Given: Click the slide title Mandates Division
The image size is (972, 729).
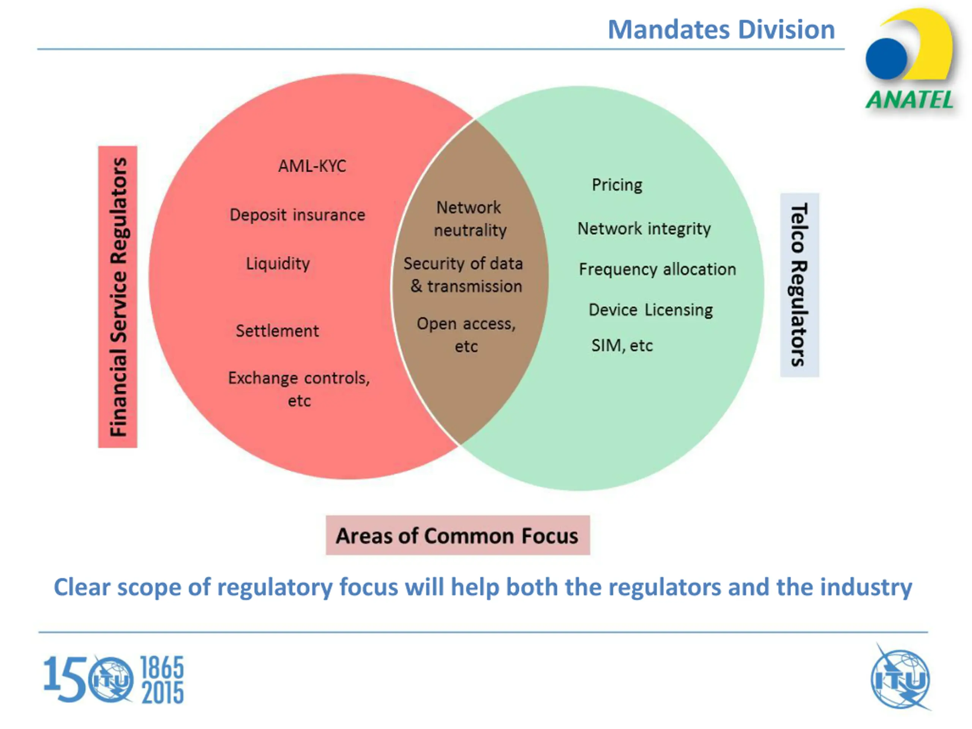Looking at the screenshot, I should click(x=721, y=30).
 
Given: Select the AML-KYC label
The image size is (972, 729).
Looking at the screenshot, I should click(x=312, y=166).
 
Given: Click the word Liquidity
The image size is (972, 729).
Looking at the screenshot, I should click(x=278, y=264).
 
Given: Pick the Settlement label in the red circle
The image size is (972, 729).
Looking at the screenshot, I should click(x=277, y=331).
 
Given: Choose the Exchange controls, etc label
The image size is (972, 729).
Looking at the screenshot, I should click(x=299, y=389).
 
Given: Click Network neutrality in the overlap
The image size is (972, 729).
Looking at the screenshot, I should click(x=470, y=219).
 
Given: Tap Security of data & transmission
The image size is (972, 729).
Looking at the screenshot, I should click(x=464, y=275).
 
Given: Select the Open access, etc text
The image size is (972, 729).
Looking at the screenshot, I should click(x=466, y=335).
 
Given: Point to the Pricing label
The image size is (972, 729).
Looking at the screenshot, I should click(x=617, y=185).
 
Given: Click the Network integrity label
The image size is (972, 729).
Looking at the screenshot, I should click(x=644, y=229).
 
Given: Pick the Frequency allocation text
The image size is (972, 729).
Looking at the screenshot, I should click(x=657, y=269).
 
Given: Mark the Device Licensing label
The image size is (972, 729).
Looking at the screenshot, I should click(x=650, y=310).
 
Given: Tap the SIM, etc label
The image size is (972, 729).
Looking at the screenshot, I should click(x=622, y=346).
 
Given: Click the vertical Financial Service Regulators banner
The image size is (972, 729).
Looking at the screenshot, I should click(x=118, y=297).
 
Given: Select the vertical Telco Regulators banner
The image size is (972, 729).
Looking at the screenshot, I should click(x=799, y=285).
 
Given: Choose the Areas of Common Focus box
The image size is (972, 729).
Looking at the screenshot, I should click(x=458, y=536).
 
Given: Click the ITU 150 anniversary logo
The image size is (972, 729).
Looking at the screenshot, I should click(x=114, y=679).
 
